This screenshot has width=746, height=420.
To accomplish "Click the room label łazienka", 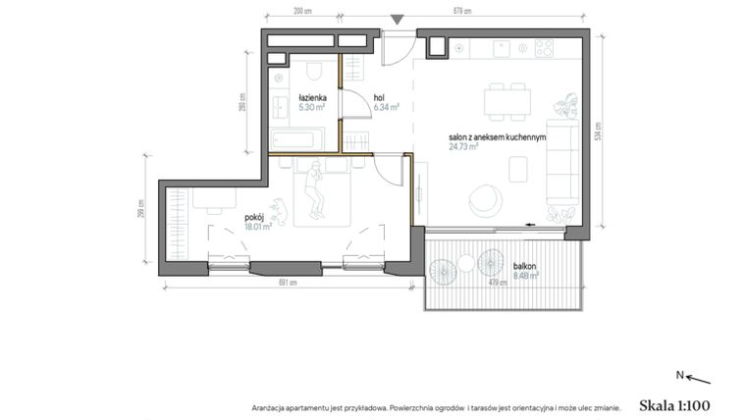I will [313, 97].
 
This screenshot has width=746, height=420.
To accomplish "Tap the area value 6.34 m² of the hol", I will [386, 107].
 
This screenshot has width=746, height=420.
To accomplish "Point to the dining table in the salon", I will [507, 100].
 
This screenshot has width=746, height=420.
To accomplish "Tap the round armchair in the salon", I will [483, 198].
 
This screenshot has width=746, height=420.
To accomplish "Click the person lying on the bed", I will [315, 190].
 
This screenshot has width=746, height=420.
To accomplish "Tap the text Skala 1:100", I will [673, 404].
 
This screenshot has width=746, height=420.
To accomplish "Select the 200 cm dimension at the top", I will [302, 12].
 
